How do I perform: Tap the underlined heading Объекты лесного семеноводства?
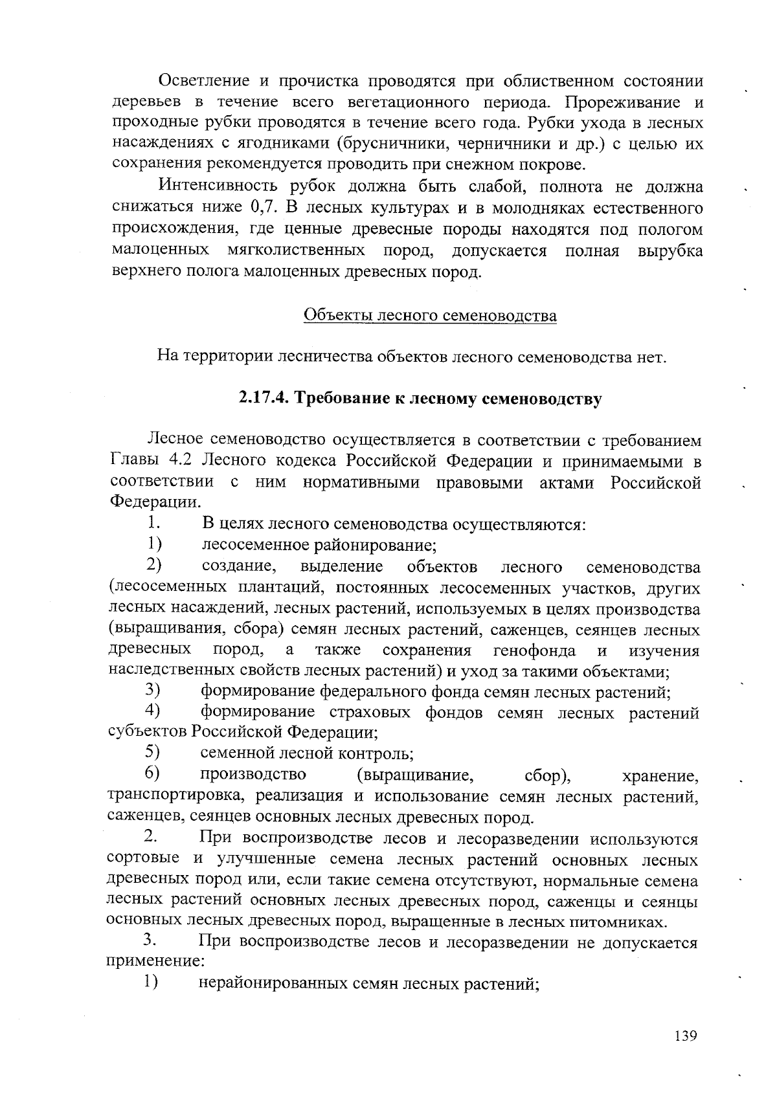click(x=430, y=316)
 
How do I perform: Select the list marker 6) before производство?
click(x=153, y=773)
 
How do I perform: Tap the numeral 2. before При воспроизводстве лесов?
click(x=151, y=838)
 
